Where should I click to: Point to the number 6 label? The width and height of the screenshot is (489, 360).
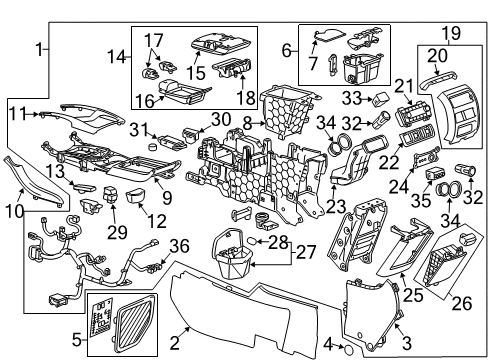286,49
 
